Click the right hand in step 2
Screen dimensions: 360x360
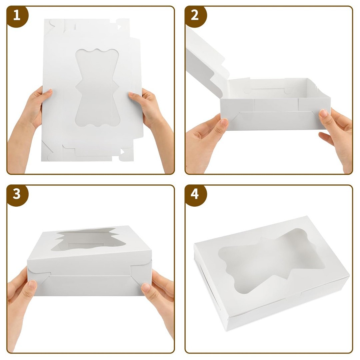pyautogui.click(x=335, y=133)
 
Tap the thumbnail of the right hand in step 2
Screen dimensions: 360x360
pyautogui.click(x=324, y=113)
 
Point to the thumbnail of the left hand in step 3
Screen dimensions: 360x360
pyautogui.click(x=32, y=284)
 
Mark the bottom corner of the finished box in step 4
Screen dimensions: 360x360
pyautogui.click(x=227, y=329)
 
